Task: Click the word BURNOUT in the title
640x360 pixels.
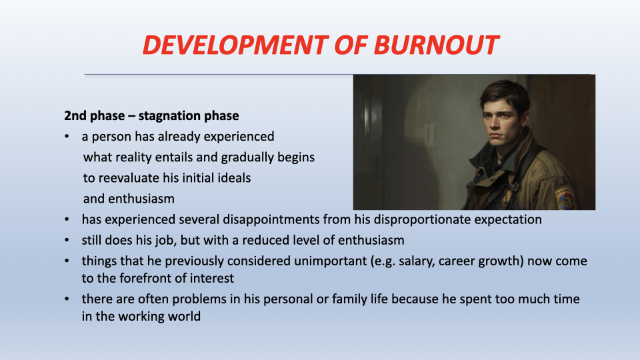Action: [x=436, y=45]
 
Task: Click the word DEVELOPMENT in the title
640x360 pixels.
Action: [x=235, y=45]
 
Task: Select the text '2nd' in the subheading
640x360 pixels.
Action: [x=75, y=115]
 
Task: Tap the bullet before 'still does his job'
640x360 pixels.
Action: [x=67, y=241]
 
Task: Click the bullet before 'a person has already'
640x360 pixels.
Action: [x=67, y=137]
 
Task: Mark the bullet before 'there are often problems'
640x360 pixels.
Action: [x=67, y=299]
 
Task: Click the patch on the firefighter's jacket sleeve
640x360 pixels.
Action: [x=565, y=199]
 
